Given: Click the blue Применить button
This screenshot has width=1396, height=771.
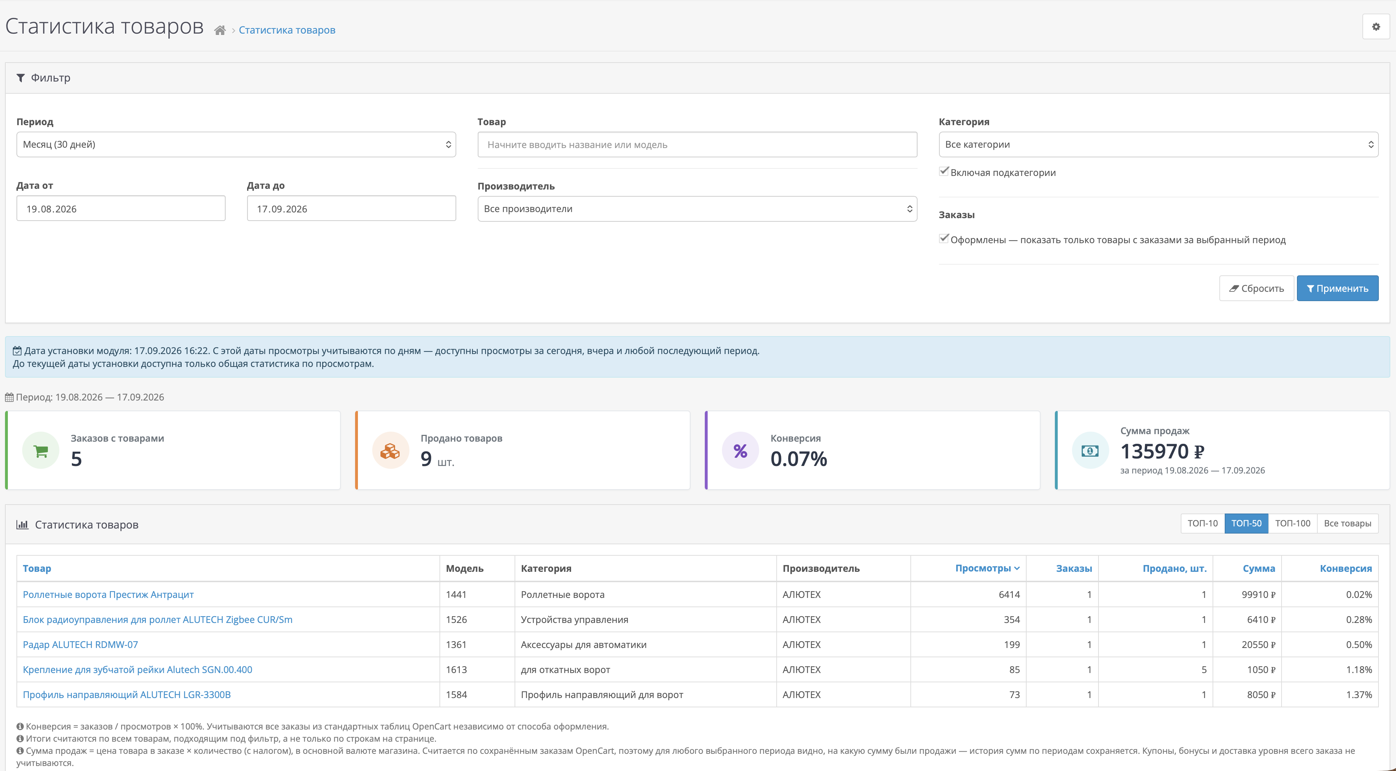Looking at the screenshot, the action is coord(1337,288).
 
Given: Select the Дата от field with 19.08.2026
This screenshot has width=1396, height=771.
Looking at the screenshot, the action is coord(121,208).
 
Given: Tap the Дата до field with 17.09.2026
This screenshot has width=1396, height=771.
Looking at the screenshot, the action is coord(351,208).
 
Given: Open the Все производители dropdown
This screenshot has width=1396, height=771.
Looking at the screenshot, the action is coord(697,208).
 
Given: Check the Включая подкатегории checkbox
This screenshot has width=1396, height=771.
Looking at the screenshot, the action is coord(944,172).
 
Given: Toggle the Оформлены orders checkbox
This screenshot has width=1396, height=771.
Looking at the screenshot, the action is coord(944,239).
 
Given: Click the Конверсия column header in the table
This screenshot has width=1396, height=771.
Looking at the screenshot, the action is coord(1346,568).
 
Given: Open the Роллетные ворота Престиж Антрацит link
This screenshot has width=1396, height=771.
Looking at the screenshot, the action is coord(108,594).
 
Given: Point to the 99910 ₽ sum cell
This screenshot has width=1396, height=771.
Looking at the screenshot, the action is coord(1258,594).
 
